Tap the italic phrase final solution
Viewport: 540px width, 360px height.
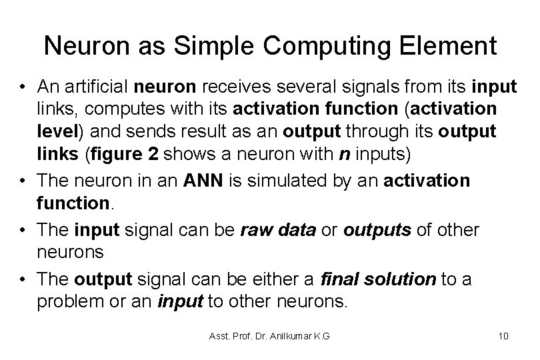[378, 279]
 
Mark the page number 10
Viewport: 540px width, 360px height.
[503, 335]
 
